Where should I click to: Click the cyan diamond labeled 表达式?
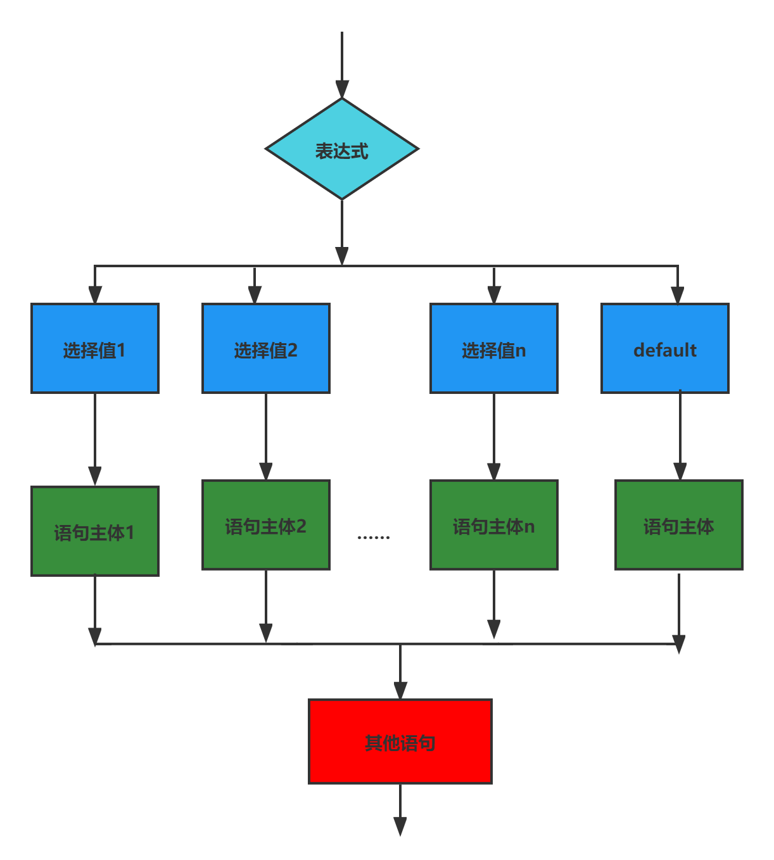pyautogui.click(x=342, y=149)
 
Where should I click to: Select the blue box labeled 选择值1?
pyautogui.click(x=95, y=349)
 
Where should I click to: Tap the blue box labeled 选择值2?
pyautogui.click(x=266, y=349)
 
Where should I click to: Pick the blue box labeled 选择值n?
pyautogui.click(x=494, y=349)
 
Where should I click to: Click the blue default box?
pyautogui.click(x=665, y=349)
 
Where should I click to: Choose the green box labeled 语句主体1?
pyautogui.click(x=95, y=531)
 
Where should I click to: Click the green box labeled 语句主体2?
pyautogui.click(x=266, y=525)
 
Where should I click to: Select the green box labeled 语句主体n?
pyautogui.click(x=494, y=525)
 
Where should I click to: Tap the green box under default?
pyautogui.click(x=679, y=525)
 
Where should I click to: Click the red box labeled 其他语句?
pyautogui.click(x=400, y=742)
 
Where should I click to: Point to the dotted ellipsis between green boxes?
pyautogui.click(x=374, y=538)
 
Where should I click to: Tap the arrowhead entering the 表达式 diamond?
pyautogui.click(x=342, y=89)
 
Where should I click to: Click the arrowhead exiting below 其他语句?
pyautogui.click(x=400, y=826)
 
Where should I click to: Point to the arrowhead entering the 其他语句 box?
pyautogui.click(x=400, y=690)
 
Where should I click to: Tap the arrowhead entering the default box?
pyautogui.click(x=678, y=295)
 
